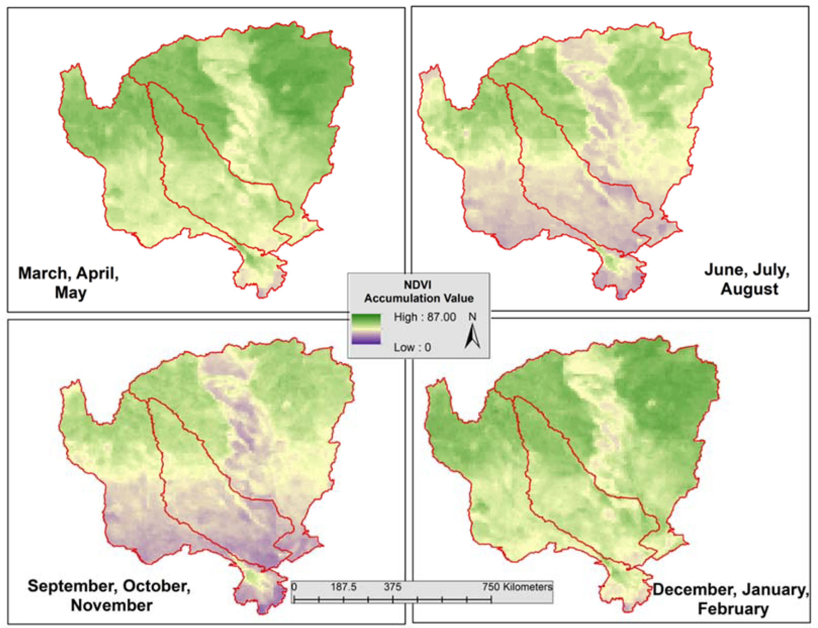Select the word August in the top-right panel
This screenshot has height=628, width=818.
click(749, 289)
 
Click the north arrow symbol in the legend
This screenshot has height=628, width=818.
click(472, 336)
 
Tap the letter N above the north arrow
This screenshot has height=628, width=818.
click(472, 317)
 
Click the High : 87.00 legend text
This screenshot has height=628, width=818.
click(424, 317)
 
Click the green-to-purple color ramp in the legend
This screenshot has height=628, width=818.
click(366, 329)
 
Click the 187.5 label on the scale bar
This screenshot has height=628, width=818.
click(343, 587)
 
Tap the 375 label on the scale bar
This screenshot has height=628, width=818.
click(392, 587)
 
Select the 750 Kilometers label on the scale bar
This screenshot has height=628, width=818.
click(517, 587)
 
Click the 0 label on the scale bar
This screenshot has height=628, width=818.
click(294, 587)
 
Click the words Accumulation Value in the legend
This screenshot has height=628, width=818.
click(419, 298)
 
